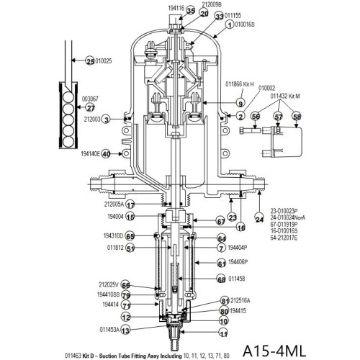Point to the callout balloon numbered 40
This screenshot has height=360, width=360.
click(106, 153)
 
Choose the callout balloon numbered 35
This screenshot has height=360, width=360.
click(170, 11)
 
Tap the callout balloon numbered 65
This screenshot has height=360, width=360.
click(130, 235)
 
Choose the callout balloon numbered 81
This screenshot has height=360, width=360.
click(225, 300)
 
